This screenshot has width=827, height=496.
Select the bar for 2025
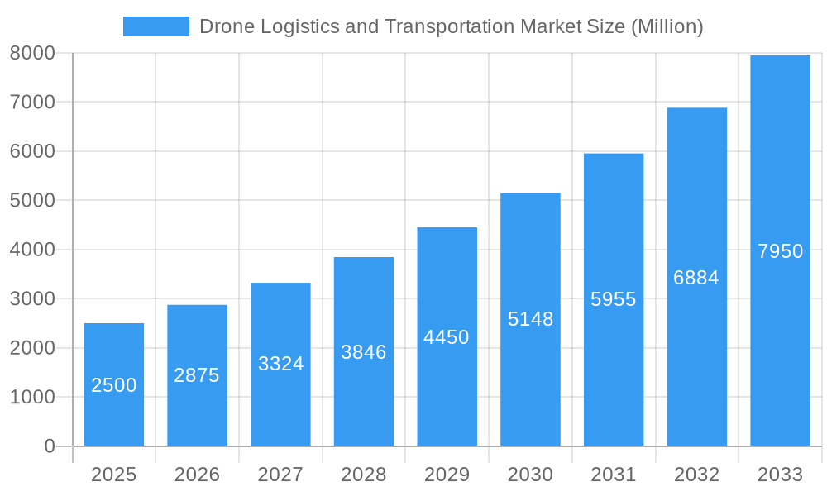114,384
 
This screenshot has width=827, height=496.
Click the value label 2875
197,375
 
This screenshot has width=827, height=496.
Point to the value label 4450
447,337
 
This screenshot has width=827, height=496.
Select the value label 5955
614,299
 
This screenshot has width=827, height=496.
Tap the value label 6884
696,278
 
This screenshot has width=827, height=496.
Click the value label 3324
280,364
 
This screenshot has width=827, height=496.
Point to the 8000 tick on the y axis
32,53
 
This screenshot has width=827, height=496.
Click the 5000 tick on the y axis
32,201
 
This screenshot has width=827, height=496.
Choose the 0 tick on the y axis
49,446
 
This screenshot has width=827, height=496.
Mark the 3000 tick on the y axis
32,299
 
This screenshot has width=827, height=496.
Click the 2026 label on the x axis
197,475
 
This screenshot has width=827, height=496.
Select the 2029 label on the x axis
447,475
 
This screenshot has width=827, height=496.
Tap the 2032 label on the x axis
696,475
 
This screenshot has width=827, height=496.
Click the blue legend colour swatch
156,26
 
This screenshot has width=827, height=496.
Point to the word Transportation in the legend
449,26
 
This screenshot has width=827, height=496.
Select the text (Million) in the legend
667,26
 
